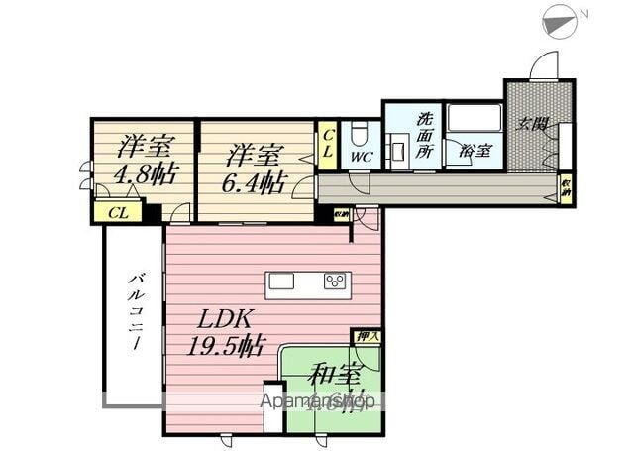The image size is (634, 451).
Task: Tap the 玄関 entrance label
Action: pyautogui.click(x=531, y=124)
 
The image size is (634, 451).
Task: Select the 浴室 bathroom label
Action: pyautogui.click(x=475, y=151)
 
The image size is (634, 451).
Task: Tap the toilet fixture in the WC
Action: pyautogui.click(x=362, y=133)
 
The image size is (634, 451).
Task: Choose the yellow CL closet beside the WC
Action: pyautogui.click(x=328, y=146)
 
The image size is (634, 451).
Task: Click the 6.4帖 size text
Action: pyautogui.click(x=254, y=184)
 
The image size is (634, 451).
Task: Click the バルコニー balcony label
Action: pyautogui.click(x=134, y=318)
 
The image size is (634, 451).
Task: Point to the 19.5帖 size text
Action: pyautogui.click(x=227, y=346)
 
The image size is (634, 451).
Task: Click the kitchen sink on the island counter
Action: pyautogui.click(x=280, y=282)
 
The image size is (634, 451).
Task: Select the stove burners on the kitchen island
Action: pyautogui.click(x=334, y=283)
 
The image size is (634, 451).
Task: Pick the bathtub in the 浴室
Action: pyautogui.click(x=474, y=122)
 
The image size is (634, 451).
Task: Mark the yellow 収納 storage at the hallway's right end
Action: pyautogui.click(x=565, y=188)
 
